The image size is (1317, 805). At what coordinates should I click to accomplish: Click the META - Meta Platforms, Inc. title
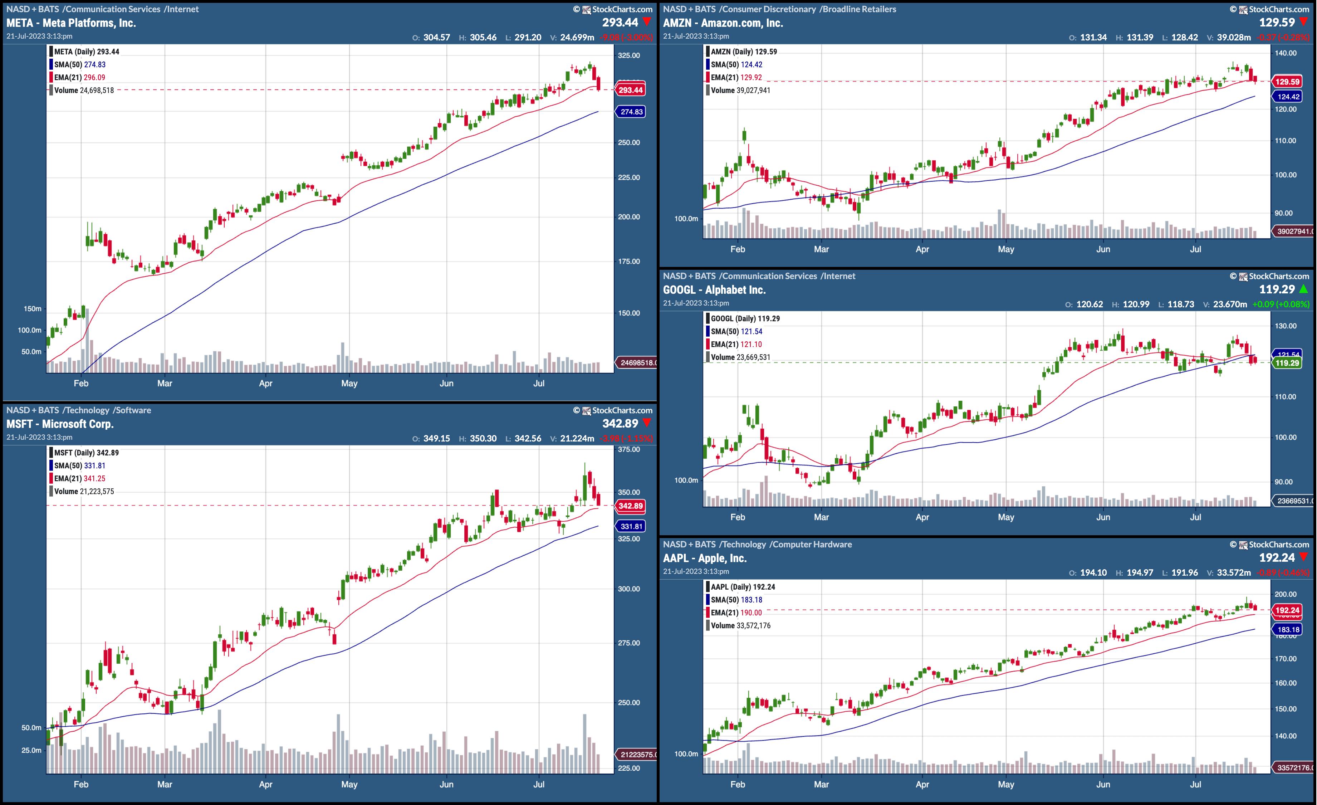(71, 23)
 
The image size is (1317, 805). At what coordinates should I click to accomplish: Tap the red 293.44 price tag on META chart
(630, 90)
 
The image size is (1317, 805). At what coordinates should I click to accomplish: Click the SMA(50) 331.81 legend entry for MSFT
(80, 465)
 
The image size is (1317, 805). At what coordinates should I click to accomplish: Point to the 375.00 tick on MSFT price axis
(628, 449)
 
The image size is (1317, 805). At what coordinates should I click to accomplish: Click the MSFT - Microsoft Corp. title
(60, 424)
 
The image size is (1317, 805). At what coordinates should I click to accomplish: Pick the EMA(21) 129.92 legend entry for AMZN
(736, 78)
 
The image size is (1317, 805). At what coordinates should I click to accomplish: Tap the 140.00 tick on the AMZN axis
(1286, 53)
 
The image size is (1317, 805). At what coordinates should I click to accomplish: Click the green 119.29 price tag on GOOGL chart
(1287, 363)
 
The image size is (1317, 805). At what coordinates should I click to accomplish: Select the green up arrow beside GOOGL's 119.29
(1304, 289)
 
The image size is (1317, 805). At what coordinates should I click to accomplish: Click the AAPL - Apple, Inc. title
(705, 558)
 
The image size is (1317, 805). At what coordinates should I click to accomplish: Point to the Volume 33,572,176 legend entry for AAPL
(740, 625)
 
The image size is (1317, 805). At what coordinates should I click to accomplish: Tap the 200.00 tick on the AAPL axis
(1286, 594)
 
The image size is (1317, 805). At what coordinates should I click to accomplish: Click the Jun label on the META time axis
(446, 383)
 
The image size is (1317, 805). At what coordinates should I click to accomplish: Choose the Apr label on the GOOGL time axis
(922, 517)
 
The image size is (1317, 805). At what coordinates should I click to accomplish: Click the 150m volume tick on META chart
(32, 309)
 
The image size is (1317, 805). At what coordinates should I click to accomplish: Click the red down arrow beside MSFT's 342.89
(647, 423)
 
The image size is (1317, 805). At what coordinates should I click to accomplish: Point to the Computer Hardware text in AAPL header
(812, 544)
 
